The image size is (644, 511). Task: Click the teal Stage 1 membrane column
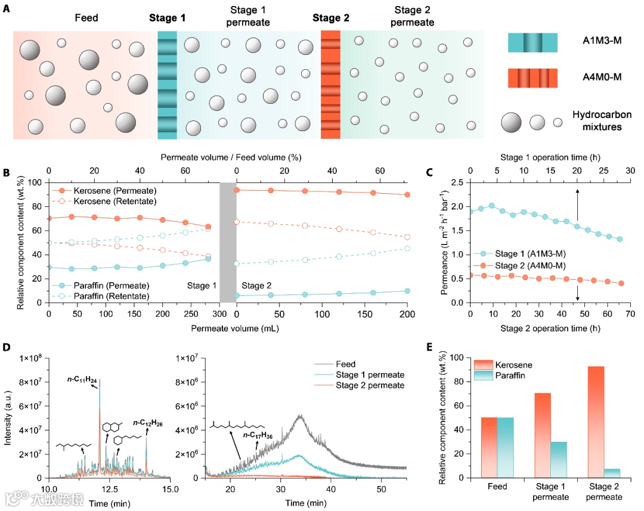point(168,85)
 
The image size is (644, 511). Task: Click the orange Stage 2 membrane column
point(330,85)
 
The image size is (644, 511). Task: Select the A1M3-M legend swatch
point(532,43)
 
